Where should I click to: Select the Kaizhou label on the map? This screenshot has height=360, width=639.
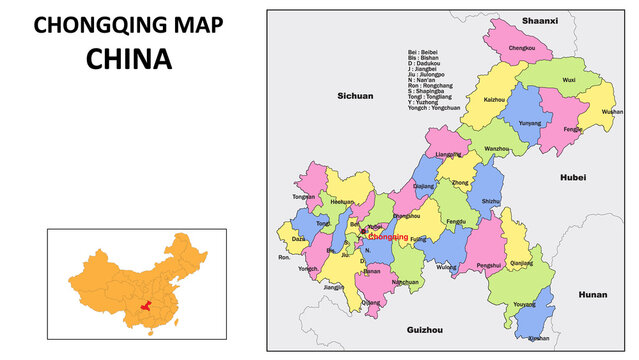pos(494,100)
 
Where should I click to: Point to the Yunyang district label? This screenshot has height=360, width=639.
pos(530,123)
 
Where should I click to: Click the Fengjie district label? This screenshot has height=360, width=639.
pos(573,129)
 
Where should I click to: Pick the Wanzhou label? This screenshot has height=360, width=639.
pos(497,149)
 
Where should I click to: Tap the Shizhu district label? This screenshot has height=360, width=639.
pos(490,201)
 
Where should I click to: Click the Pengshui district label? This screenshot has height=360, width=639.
pos(489,265)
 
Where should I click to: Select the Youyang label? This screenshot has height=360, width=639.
pos(523,303)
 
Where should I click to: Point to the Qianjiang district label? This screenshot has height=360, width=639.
pos(521,263)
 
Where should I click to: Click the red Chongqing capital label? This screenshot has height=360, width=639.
pos(388,237)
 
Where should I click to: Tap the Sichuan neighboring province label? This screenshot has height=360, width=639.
pos(355,96)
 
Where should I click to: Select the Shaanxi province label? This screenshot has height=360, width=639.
pos(540,20)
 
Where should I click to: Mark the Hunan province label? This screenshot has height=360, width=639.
pos(593,295)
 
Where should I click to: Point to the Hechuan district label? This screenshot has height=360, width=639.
pos(342,202)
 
